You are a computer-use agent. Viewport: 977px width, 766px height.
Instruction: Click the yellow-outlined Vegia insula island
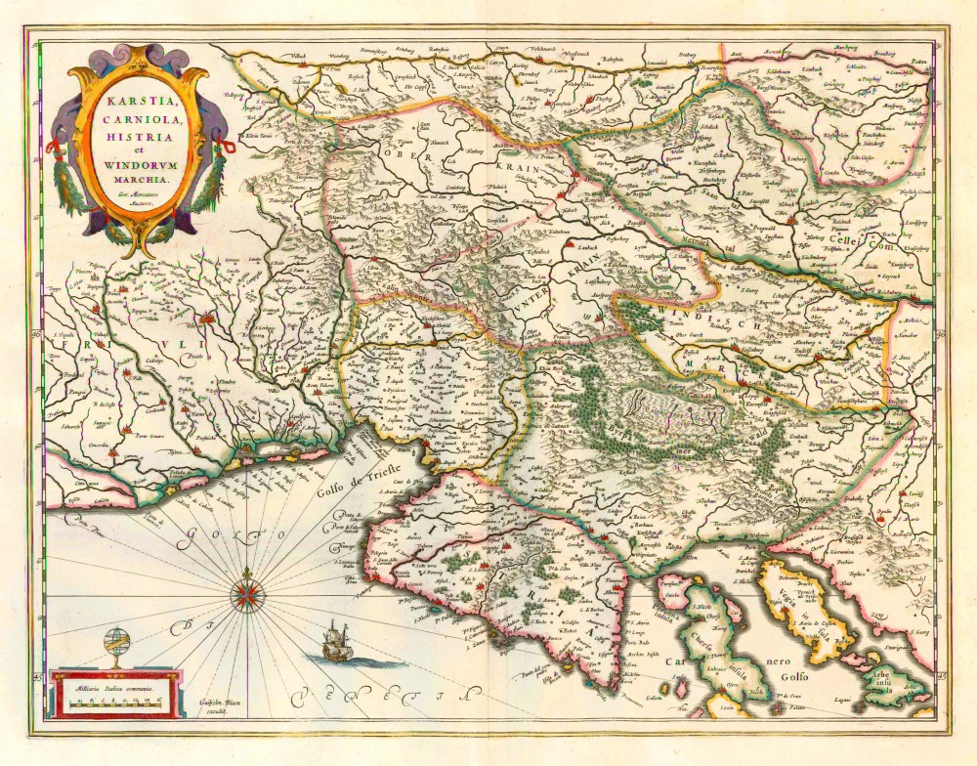pos(803,606)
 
